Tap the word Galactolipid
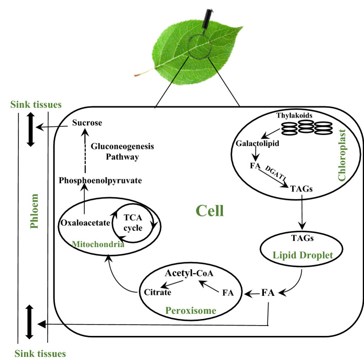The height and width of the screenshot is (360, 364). pos(258,144)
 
